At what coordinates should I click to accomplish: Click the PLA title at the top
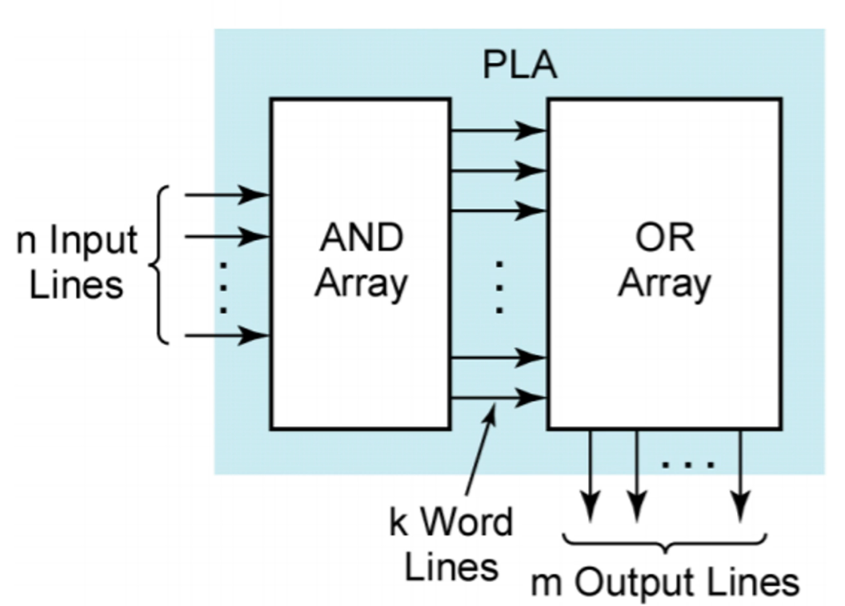coord(519,66)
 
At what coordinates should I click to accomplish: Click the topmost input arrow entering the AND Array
coord(227,195)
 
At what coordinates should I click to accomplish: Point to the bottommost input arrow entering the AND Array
coord(227,335)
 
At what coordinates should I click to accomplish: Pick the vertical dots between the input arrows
coord(224,287)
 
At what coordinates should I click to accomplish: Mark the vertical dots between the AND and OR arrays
coord(499,286)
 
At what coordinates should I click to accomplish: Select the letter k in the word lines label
coord(398,523)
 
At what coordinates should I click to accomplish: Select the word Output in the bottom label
coord(630,583)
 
